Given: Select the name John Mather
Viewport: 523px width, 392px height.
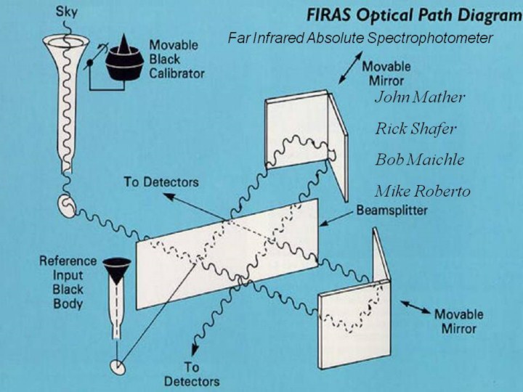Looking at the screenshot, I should pyautogui.click(x=420, y=97).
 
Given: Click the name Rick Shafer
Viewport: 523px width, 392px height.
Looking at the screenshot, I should pyautogui.click(x=415, y=129).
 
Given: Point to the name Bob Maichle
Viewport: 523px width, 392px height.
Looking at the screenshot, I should pyautogui.click(x=420, y=160).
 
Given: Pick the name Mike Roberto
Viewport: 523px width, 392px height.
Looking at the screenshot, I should pyautogui.click(x=422, y=192).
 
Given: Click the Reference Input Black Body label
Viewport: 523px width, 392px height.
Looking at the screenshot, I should pyautogui.click(x=68, y=282).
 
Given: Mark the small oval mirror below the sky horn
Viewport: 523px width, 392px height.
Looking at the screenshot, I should pyautogui.click(x=67, y=207).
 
